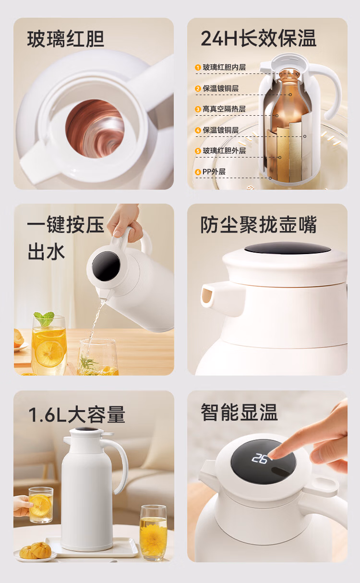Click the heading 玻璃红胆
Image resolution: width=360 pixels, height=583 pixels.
point(66,39)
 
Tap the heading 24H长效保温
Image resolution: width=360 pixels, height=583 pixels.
point(258,38)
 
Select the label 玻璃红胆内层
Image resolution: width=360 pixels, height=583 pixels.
point(224,67)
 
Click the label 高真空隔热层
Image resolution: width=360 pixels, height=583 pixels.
point(224,109)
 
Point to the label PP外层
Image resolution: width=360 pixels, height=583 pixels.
point(214,172)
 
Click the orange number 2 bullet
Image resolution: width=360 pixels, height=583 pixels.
point(198,88)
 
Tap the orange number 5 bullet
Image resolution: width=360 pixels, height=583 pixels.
point(198,151)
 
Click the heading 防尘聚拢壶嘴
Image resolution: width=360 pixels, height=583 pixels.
point(258,225)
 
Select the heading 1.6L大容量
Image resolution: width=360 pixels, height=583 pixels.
point(77,414)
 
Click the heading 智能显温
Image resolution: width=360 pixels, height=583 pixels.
point(239,412)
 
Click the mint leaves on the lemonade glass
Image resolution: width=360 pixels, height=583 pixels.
point(44,318)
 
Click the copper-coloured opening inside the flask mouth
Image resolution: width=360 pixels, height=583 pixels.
point(95,129)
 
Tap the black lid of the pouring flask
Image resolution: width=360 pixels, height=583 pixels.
point(106,266)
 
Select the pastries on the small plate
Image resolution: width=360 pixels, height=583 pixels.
point(36,550)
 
